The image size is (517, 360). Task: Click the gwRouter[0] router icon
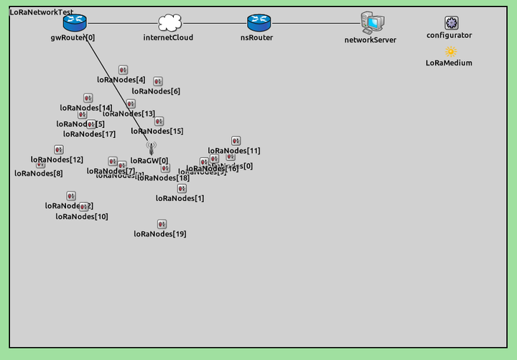click(74, 23)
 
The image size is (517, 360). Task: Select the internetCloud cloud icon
click(168, 23)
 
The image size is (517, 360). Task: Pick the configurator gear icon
click(450, 23)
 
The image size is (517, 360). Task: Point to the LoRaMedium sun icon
click(450, 52)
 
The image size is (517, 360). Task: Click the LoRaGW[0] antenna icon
click(151, 148)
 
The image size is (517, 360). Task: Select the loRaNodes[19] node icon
click(162, 224)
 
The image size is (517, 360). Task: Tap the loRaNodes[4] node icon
click(123, 70)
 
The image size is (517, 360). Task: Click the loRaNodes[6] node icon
click(157, 82)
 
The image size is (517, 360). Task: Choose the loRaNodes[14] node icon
click(88, 98)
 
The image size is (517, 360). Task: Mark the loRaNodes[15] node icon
click(159, 121)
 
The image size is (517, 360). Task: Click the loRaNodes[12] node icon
click(59, 149)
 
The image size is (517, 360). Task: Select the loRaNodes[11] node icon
click(236, 141)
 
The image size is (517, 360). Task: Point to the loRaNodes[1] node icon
click(182, 188)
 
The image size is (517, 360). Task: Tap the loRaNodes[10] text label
click(82, 216)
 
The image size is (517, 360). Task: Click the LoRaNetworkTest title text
click(41, 12)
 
